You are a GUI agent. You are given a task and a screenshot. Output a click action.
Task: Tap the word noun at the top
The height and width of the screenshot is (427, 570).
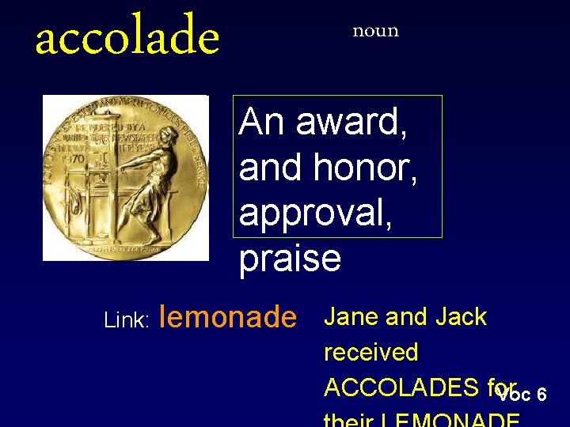coord(375,31)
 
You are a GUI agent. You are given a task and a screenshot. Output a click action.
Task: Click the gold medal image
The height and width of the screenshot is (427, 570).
coord(125,178)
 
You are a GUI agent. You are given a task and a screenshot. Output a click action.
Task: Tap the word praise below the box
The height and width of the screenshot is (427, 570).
coord(290,259)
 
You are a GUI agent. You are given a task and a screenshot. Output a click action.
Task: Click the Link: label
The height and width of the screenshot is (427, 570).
coord(127,320)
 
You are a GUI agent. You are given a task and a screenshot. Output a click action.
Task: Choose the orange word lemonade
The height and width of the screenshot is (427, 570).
coord(228,317)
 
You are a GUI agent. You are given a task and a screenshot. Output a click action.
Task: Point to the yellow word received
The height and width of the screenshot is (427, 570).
coord(370,353)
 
